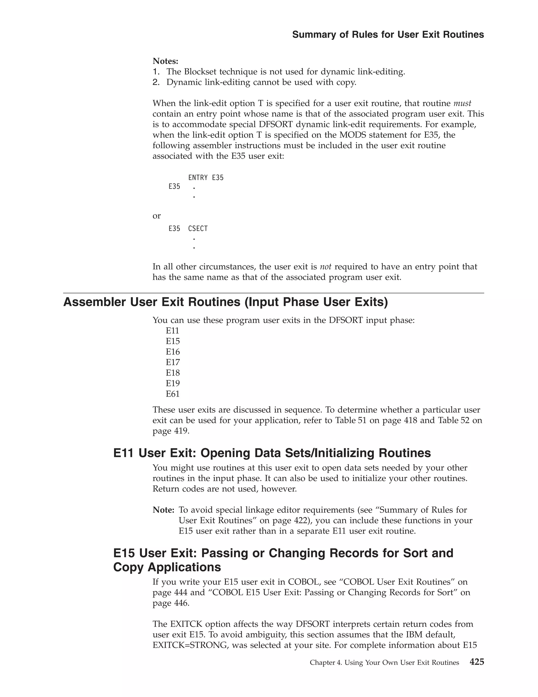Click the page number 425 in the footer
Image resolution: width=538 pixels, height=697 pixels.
477,662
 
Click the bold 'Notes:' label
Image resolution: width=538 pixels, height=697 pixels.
165,61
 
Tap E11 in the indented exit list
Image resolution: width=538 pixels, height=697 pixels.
172,331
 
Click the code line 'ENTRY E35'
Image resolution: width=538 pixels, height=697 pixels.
206,178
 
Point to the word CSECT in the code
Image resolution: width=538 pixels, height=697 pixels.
198,229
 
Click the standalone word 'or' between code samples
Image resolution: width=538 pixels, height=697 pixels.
157,216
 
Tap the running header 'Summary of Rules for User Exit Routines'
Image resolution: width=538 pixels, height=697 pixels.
388,34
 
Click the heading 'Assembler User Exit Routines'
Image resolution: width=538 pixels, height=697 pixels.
225,302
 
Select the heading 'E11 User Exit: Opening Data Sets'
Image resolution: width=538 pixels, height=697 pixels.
272,453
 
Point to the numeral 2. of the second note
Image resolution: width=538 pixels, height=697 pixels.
156,82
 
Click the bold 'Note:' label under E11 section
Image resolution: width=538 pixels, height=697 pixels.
163,510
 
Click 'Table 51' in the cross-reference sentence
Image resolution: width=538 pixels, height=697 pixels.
351,420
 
